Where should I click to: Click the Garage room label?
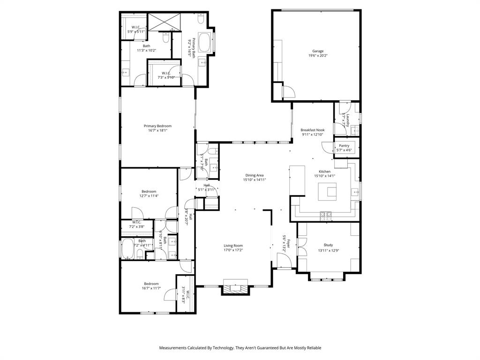(318, 51)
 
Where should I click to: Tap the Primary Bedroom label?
(157, 126)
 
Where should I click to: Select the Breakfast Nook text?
(313, 130)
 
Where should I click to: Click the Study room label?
(328, 245)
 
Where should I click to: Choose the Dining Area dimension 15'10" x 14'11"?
(255, 180)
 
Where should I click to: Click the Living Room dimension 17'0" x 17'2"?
(233, 250)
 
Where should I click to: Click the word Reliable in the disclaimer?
(311, 348)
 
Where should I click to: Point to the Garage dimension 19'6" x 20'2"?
(318, 55)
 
